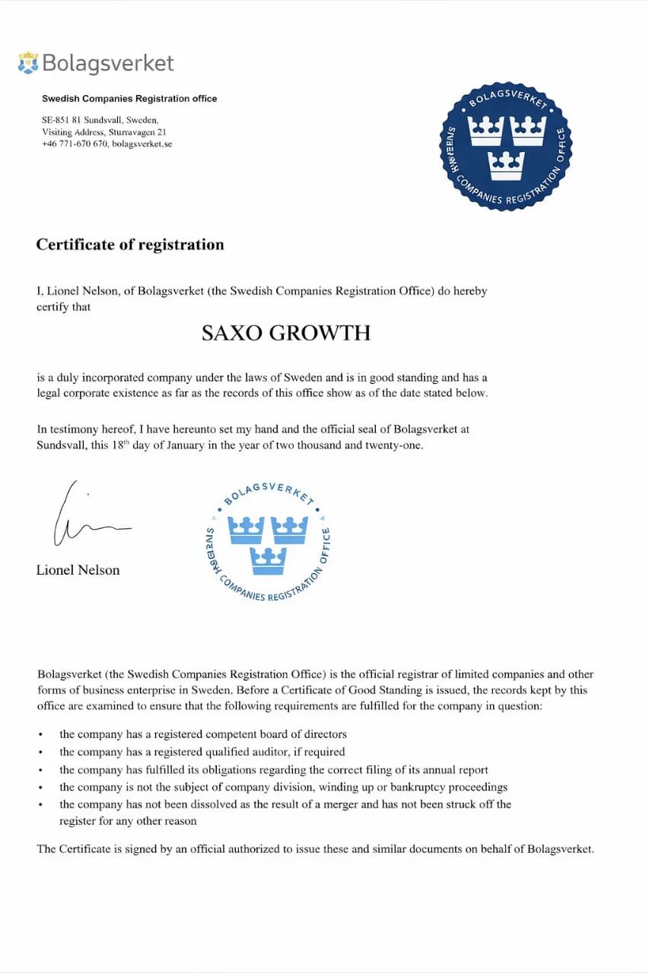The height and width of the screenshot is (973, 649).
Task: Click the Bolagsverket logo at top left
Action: pyautogui.click(x=96, y=63)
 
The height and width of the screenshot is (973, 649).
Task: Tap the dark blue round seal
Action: pyautogui.click(x=507, y=146)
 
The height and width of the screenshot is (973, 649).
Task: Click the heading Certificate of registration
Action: pyautogui.click(x=130, y=245)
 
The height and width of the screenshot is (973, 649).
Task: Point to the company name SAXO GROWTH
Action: pyautogui.click(x=286, y=333)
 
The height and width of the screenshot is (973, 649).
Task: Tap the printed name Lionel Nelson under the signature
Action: pyautogui.click(x=78, y=570)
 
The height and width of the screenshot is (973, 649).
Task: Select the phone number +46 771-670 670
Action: pyautogui.click(x=75, y=144)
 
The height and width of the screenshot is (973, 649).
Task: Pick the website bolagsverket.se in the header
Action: pyautogui.click(x=142, y=144)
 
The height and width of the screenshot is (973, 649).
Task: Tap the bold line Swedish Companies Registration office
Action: pyautogui.click(x=129, y=99)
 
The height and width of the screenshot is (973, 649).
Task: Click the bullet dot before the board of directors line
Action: pyautogui.click(x=40, y=735)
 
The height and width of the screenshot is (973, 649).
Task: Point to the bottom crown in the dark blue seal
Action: pyautogui.click(x=507, y=165)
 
